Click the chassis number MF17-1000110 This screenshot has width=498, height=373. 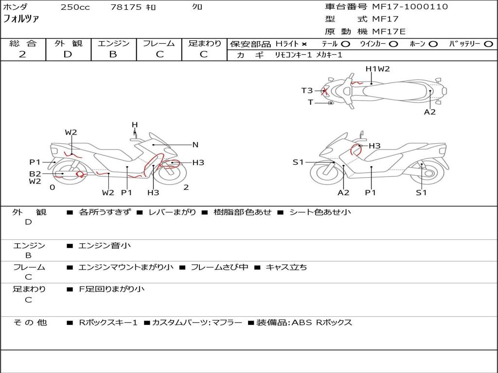(x=410, y=7)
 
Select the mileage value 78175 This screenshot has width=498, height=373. (x=126, y=7)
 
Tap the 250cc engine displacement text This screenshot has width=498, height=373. (x=75, y=7)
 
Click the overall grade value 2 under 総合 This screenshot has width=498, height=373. (x=22, y=54)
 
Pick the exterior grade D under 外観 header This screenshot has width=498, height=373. (x=68, y=54)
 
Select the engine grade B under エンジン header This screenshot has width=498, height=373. (x=113, y=54)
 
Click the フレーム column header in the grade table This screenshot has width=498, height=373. (x=159, y=43)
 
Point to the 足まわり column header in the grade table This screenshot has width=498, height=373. (x=204, y=43)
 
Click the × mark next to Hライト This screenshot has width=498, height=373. (x=304, y=44)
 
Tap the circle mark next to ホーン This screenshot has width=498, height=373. (x=433, y=44)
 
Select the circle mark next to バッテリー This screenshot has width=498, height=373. (x=488, y=44)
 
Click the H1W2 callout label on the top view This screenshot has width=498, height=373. (x=377, y=69)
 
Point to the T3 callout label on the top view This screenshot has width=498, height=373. (x=307, y=91)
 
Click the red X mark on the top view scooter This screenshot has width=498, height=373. (x=324, y=91)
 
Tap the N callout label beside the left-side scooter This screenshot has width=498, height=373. (x=196, y=145)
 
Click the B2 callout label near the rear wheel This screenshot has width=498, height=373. (x=35, y=174)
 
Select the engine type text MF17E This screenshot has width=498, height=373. (x=389, y=32)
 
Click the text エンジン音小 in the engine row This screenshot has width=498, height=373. (x=104, y=245)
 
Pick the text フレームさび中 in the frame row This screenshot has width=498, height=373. (x=219, y=267)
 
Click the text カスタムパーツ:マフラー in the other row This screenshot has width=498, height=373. (x=197, y=322)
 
